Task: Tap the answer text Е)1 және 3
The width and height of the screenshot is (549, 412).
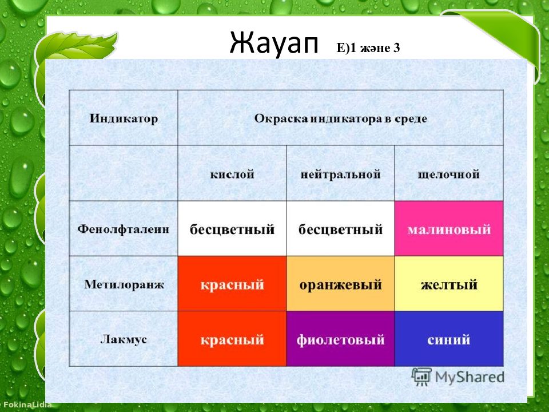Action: (368, 48)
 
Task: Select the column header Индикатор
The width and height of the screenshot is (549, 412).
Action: (124, 118)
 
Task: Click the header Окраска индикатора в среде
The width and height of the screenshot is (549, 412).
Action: (340, 119)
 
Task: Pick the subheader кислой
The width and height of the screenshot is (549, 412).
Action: (232, 174)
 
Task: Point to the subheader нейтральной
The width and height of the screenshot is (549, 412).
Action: (340, 174)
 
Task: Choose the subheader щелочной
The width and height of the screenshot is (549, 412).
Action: (448, 175)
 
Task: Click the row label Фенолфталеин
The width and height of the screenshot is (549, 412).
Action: (124, 229)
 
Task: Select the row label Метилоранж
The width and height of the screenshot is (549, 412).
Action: (124, 284)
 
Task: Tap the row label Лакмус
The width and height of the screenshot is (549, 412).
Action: (124, 339)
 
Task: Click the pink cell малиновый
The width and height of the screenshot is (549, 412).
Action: (449, 228)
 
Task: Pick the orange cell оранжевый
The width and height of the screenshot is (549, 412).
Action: (340, 283)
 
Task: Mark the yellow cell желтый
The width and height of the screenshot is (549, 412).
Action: (449, 283)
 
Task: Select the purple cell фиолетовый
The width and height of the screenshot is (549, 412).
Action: (340, 338)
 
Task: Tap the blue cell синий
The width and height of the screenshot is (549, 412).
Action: (449, 338)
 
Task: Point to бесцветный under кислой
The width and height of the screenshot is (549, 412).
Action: (232, 229)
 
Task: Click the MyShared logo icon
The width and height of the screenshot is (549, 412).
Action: (421, 377)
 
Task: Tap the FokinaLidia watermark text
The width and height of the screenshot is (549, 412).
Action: (27, 405)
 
